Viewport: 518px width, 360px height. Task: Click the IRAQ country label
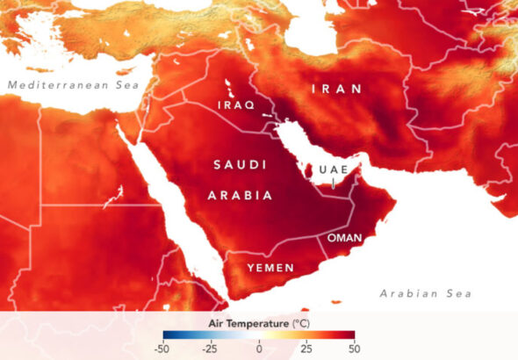(x=235, y=104)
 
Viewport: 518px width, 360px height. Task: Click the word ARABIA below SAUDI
(x=240, y=196)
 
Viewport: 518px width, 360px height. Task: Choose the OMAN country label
(x=344, y=238)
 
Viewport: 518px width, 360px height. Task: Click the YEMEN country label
(x=270, y=266)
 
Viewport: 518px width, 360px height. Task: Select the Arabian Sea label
(x=425, y=293)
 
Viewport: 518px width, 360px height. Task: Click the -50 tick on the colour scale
(x=164, y=349)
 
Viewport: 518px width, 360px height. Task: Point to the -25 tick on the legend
(x=212, y=349)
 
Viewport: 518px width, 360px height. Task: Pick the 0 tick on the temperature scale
(x=259, y=349)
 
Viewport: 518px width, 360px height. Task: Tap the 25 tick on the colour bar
(x=306, y=349)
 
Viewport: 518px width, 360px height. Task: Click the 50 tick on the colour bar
(x=354, y=349)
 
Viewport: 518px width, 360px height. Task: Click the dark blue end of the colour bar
(x=167, y=335)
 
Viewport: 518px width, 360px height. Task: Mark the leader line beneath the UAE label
(x=334, y=181)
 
